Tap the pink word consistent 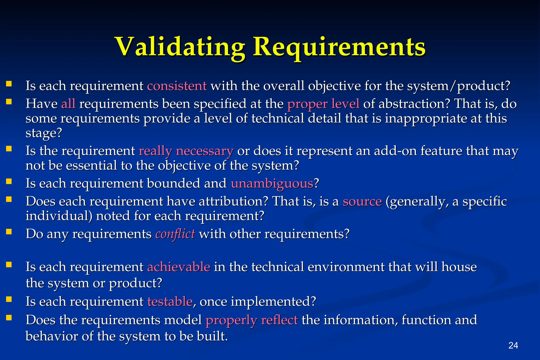tap(177, 86)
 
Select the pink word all tap(68, 103)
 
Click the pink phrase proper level tap(323, 103)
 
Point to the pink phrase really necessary tap(186, 151)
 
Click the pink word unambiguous tap(272, 183)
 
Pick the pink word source tap(362, 201)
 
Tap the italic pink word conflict tap(175, 234)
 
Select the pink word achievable tap(179, 267)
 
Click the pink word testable tap(170, 301)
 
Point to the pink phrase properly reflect tap(252, 320)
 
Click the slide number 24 tap(513, 345)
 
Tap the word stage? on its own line tap(44, 133)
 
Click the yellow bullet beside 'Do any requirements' tap(9, 232)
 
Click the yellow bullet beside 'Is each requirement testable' tap(9, 299)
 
